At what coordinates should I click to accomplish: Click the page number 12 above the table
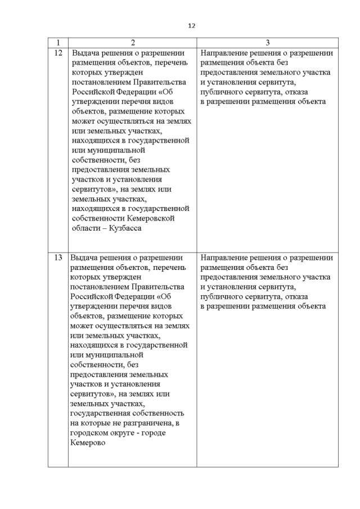point(191,25)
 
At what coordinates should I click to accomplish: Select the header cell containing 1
point(58,43)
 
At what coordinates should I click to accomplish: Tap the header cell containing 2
point(132,43)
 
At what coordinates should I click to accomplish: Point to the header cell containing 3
point(267,43)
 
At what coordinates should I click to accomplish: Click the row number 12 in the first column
point(58,53)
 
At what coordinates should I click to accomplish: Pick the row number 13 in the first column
point(58,258)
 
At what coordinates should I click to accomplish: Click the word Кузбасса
point(123,229)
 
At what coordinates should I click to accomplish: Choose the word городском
point(91,433)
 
